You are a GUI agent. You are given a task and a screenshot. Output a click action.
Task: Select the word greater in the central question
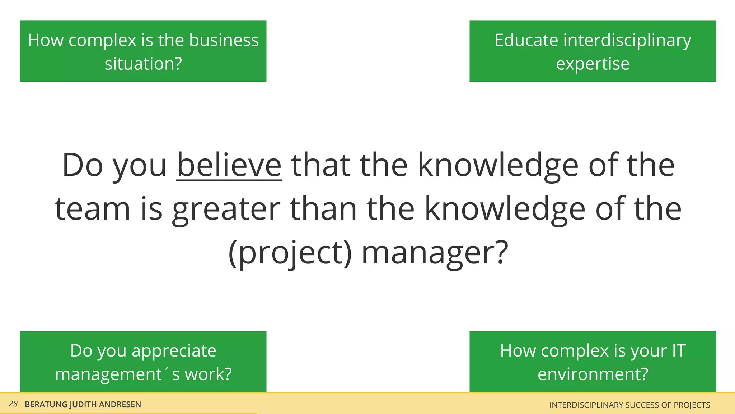pyautogui.click(x=226, y=210)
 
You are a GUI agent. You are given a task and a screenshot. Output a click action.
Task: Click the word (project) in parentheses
pyautogui.click(x=290, y=253)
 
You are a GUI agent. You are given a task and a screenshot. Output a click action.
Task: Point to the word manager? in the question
pyautogui.click(x=435, y=253)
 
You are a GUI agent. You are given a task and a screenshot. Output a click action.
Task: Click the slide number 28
pyautogui.click(x=13, y=404)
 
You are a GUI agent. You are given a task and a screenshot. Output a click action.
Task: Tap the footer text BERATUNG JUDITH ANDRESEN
pyautogui.click(x=83, y=404)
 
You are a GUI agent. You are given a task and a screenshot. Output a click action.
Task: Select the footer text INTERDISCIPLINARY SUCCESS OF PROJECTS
pyautogui.click(x=629, y=405)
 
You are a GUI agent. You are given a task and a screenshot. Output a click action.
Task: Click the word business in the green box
pyautogui.click(x=224, y=40)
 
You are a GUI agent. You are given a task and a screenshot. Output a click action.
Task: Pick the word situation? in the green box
pyautogui.click(x=143, y=64)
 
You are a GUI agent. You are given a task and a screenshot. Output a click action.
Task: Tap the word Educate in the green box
pyautogui.click(x=526, y=40)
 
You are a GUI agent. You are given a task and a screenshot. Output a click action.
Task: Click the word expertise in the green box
pyautogui.click(x=593, y=64)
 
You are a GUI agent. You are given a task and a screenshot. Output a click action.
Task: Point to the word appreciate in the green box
pyautogui.click(x=174, y=351)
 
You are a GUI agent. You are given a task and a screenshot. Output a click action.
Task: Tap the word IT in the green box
pyautogui.click(x=679, y=350)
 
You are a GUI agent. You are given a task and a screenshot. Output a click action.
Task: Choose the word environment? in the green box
pyautogui.click(x=593, y=374)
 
